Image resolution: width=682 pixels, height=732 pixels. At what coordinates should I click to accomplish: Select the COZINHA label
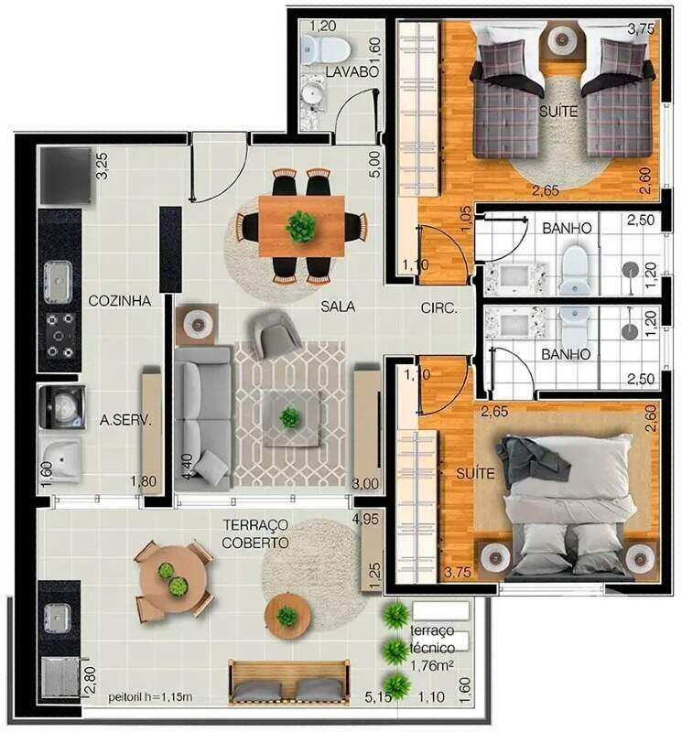pos(119,299)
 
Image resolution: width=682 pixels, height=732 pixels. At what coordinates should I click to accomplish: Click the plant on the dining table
pos(300,225)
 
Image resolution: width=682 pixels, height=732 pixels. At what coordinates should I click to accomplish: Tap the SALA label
pos(338,307)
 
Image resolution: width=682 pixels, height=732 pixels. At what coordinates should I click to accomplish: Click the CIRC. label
pos(438,308)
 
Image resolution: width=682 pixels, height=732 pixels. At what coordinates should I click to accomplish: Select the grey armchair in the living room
pos(273,332)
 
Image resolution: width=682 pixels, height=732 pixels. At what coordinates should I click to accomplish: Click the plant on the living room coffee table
pos(289,418)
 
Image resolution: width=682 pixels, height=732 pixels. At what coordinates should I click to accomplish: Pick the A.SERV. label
pos(124,421)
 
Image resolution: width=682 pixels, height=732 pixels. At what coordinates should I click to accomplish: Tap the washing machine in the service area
pos(60,405)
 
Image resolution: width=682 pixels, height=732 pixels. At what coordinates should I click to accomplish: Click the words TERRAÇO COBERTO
pos(255,533)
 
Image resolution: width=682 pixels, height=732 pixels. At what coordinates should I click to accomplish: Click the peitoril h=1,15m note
pos(151,698)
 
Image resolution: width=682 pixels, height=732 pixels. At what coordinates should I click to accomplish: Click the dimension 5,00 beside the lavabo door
pos(373,165)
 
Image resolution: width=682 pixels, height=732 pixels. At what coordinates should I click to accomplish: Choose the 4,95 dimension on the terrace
pos(365,521)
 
